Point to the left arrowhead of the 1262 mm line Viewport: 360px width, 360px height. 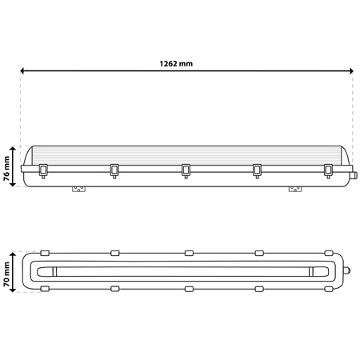24,72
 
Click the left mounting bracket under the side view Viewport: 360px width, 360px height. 78,190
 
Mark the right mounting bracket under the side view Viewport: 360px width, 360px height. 295,190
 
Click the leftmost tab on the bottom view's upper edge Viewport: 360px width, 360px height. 44,252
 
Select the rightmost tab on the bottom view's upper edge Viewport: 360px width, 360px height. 328,252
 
